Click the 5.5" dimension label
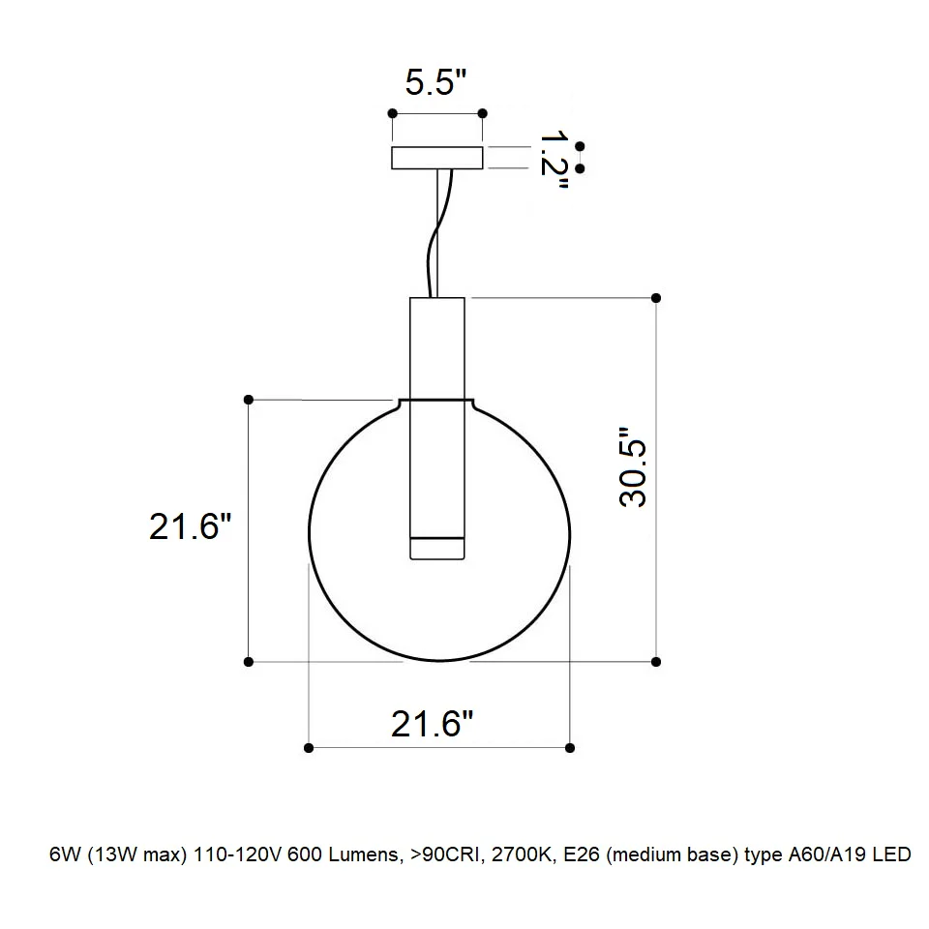436,82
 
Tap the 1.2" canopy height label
554,160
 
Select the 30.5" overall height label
633,466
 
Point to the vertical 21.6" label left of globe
190,525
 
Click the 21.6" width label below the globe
432,724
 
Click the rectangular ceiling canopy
437,158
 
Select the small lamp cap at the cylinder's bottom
437,548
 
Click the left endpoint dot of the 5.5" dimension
392,113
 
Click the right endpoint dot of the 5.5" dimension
482,113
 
